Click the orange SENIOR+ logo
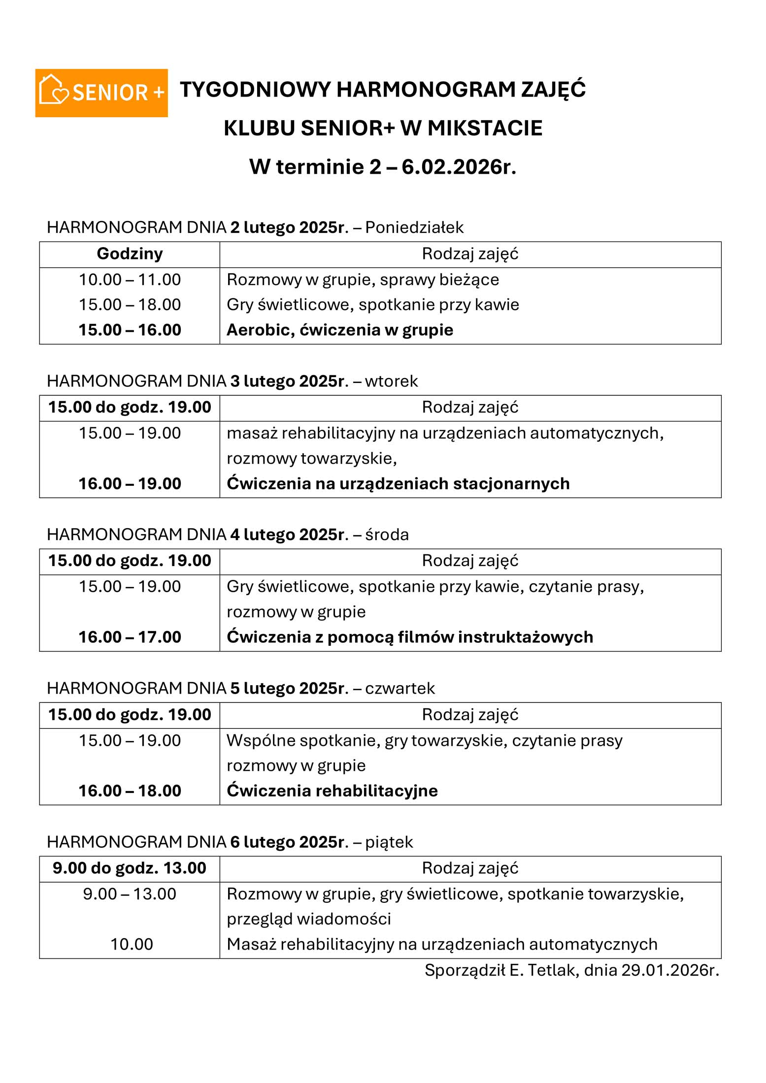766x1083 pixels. (x=101, y=93)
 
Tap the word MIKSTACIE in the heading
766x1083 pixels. (x=485, y=128)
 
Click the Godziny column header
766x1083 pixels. (x=130, y=254)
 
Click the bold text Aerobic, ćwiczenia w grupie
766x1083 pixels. (x=339, y=330)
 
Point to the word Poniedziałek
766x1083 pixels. (x=414, y=228)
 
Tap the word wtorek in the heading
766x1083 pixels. (x=391, y=382)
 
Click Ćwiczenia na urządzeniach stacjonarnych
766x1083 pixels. (x=398, y=484)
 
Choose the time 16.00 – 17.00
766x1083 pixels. (x=130, y=637)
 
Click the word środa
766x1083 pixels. (x=387, y=535)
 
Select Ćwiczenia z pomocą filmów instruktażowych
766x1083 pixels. (x=409, y=637)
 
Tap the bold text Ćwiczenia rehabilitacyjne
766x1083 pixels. (x=332, y=791)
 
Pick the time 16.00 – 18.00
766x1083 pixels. (x=130, y=791)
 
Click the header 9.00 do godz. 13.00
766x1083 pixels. (x=130, y=868)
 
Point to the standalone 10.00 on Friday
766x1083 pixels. (x=132, y=945)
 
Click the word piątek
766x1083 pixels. (x=389, y=842)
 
